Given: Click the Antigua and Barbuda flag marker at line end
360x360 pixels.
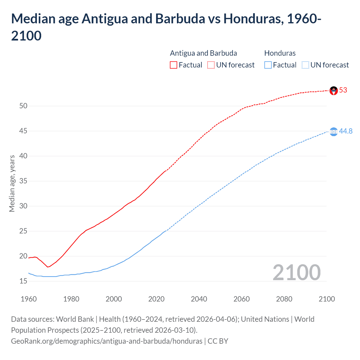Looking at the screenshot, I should click(334, 91).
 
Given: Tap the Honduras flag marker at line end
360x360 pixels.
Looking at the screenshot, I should click(334, 132).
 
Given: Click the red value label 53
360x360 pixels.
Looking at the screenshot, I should click(343, 90).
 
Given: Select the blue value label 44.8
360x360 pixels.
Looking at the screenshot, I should click(346, 131).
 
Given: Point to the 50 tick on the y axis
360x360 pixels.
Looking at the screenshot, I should click(23, 106).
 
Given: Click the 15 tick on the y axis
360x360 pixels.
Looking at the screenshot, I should click(23, 281).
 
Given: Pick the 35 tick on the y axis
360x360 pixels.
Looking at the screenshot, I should click(23, 181).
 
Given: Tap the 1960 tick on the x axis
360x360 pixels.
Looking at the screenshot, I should click(29, 299).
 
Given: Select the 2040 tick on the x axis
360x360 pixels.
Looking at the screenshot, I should click(199, 299).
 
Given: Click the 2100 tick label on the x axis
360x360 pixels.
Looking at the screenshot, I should click(327, 299).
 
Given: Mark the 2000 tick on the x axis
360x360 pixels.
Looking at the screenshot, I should click(114, 299).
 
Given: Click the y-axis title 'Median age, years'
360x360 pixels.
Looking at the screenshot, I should click(12, 183).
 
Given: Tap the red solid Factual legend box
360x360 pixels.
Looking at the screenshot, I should click(174, 65).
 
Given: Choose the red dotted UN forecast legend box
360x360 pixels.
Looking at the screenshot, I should click(211, 65).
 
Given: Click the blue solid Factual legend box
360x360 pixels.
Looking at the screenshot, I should click(268, 65).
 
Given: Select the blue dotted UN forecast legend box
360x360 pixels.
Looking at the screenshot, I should click(305, 65).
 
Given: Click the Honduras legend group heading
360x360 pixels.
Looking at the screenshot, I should click(280, 53).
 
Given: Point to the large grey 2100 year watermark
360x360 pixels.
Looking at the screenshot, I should click(297, 273).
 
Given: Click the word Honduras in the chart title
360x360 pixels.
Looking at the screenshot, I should click(253, 19).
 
